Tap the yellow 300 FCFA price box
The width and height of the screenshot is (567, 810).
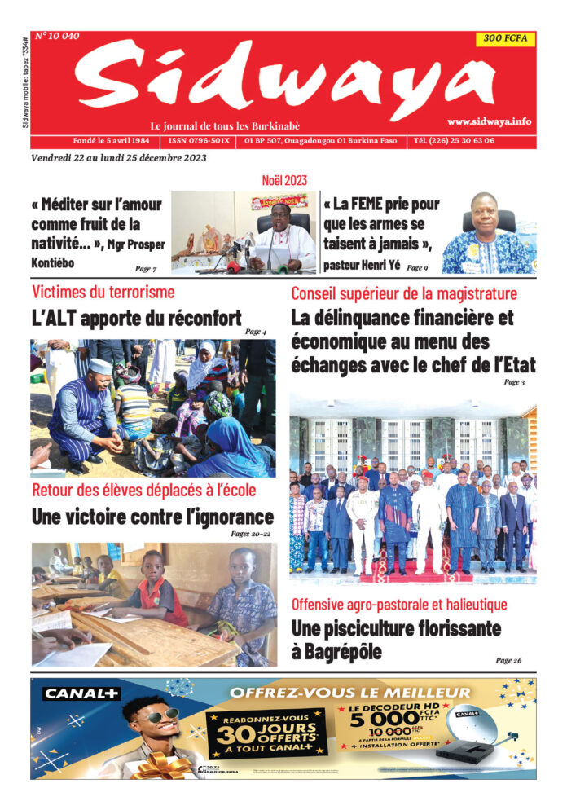coord(504,38)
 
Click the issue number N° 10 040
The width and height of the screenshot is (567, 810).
coord(57,36)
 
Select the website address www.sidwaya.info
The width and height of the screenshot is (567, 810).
coord(489,121)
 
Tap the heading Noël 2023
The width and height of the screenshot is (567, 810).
coord(283,179)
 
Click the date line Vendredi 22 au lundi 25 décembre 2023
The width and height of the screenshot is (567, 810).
coord(119,158)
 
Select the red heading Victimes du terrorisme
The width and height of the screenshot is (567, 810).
coord(103,292)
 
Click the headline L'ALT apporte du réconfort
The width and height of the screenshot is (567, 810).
coord(136,318)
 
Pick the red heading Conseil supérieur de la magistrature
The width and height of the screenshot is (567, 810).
coord(404,293)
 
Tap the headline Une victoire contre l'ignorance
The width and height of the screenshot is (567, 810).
coord(152,517)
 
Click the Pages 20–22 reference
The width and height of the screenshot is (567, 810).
coord(252,534)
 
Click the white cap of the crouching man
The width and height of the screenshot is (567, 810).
coord(99,366)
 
